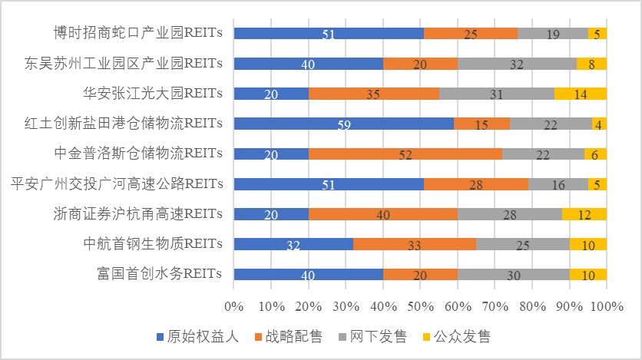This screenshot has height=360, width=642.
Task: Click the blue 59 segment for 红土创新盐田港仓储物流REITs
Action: coord(343,124)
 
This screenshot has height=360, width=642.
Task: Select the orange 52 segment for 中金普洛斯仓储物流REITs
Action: coord(405,154)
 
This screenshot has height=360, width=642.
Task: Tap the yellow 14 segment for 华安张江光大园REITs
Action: coord(581,94)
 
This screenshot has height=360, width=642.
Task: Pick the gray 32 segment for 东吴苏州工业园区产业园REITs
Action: coord(517,64)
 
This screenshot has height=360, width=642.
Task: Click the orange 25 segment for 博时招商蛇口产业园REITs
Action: coord(471,34)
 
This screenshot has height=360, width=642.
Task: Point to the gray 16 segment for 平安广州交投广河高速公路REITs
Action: coord(558,183)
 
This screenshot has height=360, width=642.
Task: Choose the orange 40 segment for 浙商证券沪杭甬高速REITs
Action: coord(383,214)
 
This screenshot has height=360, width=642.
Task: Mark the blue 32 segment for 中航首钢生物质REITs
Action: coord(293,244)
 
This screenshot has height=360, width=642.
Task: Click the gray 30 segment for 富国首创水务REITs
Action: coord(514,274)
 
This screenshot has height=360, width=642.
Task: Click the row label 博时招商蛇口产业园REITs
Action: coord(133,34)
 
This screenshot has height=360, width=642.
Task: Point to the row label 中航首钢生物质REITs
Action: coord(152,244)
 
